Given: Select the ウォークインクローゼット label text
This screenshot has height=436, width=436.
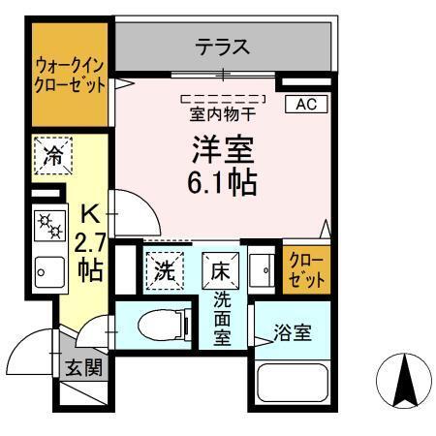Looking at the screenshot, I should coord(65,75).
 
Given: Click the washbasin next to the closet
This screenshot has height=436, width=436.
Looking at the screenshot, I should coord(260,269).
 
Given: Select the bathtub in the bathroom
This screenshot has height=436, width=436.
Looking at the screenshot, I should coord(295,386).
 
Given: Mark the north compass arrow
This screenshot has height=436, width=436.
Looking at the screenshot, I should coord(404,380).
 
